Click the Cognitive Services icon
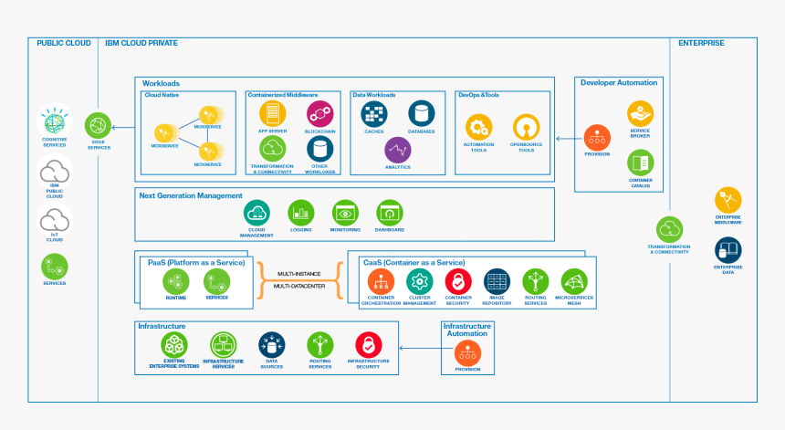tap(54, 121)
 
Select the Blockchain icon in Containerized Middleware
tap(319, 113)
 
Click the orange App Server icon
tap(272, 113)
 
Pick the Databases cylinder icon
tap(422, 113)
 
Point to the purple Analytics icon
tap(398, 150)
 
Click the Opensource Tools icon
tap(527, 126)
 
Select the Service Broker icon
tap(640, 113)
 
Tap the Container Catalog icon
tap(640, 163)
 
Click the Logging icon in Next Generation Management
tap(301, 213)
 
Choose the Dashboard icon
tap(389, 213)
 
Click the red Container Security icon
tap(457, 281)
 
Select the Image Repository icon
tap(497, 281)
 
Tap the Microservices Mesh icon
tap(574, 281)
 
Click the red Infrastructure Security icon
tap(368, 344)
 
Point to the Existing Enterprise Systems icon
tap(173, 344)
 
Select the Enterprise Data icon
tap(728, 248)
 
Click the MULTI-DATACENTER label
tap(298, 286)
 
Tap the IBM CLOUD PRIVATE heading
tap(141, 43)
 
